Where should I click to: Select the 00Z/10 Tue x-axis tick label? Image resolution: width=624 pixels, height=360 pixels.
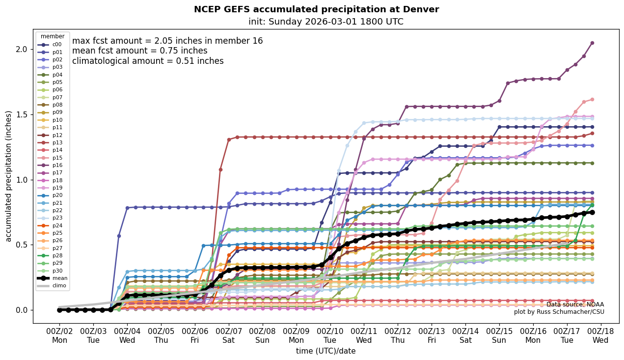330,335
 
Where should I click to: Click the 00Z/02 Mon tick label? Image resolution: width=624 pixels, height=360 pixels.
59,335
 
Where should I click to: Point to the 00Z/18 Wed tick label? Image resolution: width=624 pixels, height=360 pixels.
600,335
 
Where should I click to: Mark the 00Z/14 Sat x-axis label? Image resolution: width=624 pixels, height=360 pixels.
465,335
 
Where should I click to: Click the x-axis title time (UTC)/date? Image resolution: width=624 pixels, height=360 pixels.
326,351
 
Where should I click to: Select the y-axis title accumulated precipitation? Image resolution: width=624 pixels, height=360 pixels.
8,176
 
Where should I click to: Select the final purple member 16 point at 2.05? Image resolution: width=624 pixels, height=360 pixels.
592,43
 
